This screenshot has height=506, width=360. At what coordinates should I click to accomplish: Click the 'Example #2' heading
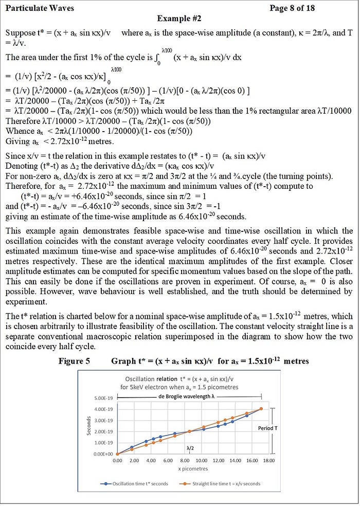coord(179,19)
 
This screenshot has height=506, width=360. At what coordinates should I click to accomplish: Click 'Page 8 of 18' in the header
coord(292,8)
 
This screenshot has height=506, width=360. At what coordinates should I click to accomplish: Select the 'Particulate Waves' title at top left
coord(40,8)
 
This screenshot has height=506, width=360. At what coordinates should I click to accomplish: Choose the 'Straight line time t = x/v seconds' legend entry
coord(223,483)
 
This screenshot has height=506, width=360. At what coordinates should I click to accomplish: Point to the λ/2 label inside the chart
coord(190,448)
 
